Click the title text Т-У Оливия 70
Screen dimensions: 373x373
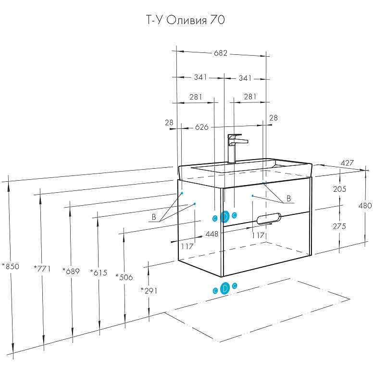(185, 20)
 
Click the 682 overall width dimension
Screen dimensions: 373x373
(220, 53)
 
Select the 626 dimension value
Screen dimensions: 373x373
(202, 127)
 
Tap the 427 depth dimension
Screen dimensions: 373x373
(347, 163)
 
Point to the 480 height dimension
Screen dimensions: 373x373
(365, 205)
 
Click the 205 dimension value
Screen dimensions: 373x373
(339, 189)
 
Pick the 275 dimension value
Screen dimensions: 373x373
(339, 226)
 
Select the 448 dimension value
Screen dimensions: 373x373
(211, 234)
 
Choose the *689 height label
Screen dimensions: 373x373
(71, 271)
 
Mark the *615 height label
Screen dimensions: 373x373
(99, 273)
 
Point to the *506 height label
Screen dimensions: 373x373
(124, 277)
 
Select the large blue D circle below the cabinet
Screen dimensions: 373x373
(224, 289)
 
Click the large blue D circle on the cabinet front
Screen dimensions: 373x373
(224, 217)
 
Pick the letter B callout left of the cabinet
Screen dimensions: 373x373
(154, 217)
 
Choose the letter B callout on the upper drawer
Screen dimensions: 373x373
(288, 198)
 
